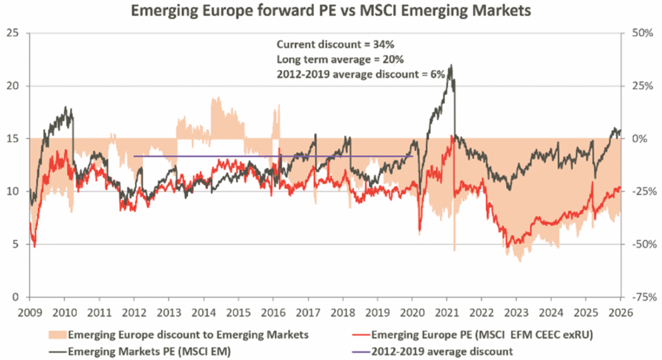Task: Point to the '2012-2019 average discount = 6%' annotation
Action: pyautogui.click(x=361, y=74)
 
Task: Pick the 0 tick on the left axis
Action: pyautogui.click(x=16, y=297)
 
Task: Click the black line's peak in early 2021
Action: pyautogui.click(x=451, y=65)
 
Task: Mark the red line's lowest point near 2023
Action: pyautogui.click(x=509, y=247)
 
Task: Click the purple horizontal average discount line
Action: pyautogui.click(x=272, y=156)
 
